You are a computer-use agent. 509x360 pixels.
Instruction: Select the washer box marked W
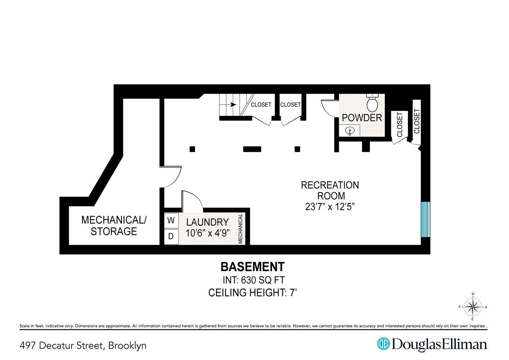pos(171,220)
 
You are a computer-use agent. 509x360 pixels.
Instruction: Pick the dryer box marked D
pos(171,237)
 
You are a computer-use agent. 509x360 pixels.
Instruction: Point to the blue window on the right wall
pos(425,219)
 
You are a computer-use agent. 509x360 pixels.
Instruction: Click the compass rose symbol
pos(472,307)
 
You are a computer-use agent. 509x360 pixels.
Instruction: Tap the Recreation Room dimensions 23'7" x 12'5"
pos(330,207)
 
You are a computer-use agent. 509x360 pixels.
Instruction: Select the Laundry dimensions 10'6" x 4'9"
pos(208,233)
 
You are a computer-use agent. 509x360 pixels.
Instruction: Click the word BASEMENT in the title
pos(253,267)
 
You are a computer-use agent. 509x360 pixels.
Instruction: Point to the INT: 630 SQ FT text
pos(254,280)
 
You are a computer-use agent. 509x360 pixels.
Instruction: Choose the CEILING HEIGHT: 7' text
pos(253,293)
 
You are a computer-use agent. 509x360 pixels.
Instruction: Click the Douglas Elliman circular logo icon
pos(383,344)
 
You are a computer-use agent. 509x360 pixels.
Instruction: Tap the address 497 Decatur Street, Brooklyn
pos(83,346)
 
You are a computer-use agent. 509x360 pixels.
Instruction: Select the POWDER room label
pos(362,118)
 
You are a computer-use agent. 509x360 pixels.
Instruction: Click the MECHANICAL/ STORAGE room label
pos(114,225)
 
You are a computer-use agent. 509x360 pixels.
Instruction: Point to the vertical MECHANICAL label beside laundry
pos(240,229)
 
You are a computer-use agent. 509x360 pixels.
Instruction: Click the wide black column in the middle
pos(252,149)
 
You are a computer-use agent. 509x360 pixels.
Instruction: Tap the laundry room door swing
pos(192,201)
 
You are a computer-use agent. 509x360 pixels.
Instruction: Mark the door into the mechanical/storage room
pos(171,176)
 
